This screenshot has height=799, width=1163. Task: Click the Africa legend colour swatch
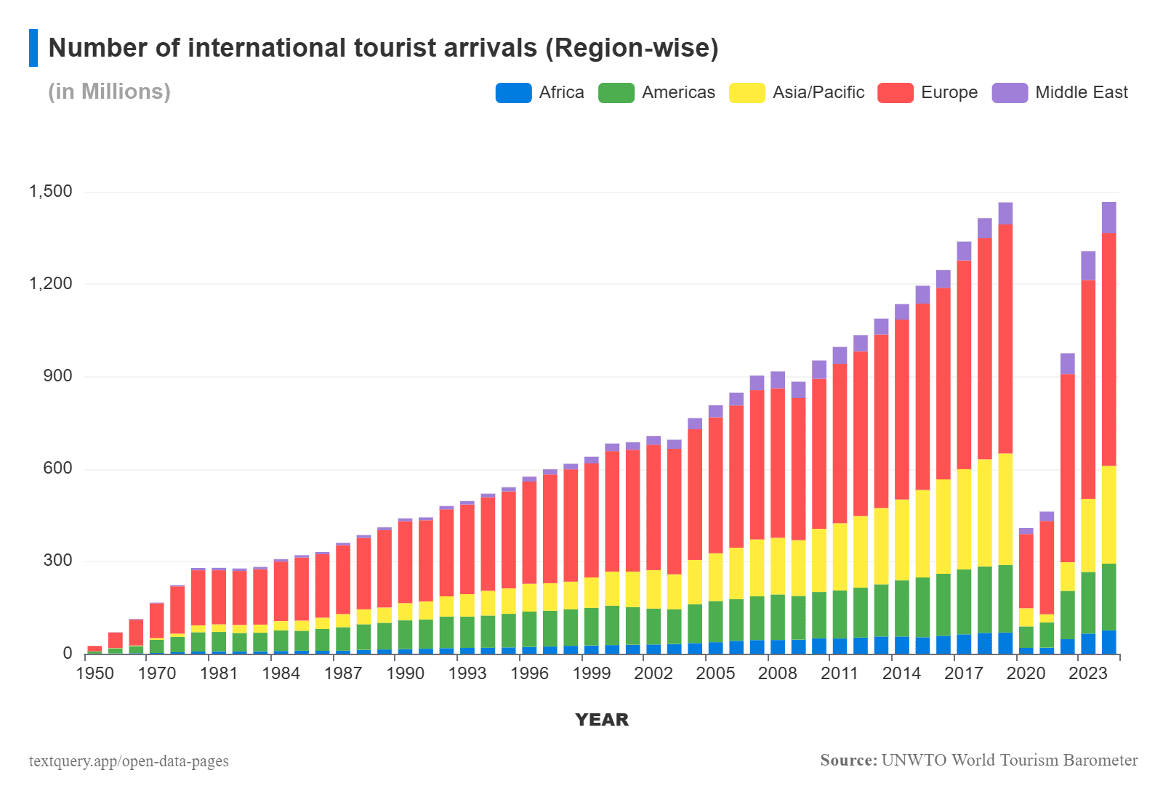click(513, 93)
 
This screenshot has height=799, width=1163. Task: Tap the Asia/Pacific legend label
click(818, 93)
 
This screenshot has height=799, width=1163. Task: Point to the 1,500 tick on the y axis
click(51, 192)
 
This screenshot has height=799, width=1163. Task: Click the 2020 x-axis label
click(1026, 673)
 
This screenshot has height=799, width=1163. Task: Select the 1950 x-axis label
click(95, 673)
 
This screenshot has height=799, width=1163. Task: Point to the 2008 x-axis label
click(778, 673)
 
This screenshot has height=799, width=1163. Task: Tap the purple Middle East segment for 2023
click(1088, 265)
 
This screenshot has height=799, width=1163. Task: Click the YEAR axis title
click(602, 720)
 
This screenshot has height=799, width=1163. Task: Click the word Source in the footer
click(848, 761)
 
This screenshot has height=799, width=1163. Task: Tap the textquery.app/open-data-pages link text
click(129, 761)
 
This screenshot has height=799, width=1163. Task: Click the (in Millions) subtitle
click(109, 92)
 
